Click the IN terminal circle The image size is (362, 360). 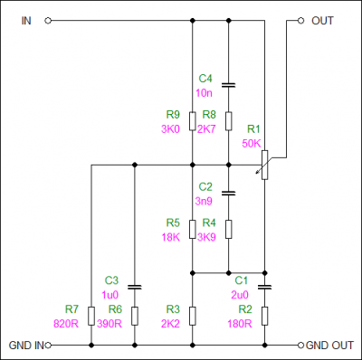coord(48,21)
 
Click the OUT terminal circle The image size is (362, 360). coord(300,21)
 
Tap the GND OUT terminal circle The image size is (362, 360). coord(300,345)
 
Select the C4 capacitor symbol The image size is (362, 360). coord(228,85)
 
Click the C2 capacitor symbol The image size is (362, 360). coord(228,193)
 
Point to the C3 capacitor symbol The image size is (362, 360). coord(135,287)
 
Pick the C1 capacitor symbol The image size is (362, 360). coord(264,287)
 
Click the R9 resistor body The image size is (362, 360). coord(193,121)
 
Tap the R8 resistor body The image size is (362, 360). coord(228,121)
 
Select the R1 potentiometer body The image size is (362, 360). coord(264,165)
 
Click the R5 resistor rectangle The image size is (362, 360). coord(193,230)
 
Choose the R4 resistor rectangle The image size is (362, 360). coord(228,230)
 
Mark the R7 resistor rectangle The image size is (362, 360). coord(91,316)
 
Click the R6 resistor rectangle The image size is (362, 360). coord(135,316)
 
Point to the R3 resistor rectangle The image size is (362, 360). coord(193,316)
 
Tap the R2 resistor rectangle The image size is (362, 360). coord(264,316)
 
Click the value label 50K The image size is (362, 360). coord(252,144)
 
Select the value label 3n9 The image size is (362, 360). coord(204,201)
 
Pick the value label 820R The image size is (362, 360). coord(66,324)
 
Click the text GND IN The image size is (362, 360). coord(26,346)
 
